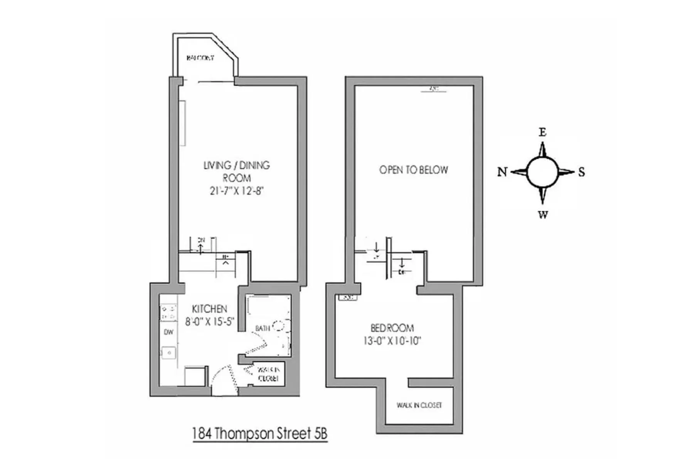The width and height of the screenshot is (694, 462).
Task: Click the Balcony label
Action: (200, 58)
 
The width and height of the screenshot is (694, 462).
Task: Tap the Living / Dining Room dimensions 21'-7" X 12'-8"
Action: (236, 191)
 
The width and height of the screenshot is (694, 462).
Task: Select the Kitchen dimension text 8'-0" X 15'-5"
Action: (209, 321)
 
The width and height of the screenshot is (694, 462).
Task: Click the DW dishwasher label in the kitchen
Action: (168, 332)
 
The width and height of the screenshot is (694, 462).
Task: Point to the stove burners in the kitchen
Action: (168, 312)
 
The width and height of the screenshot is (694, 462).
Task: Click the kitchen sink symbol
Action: (168, 352)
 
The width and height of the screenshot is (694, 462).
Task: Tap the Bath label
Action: (263, 328)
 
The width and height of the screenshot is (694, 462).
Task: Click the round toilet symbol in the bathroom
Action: (279, 326)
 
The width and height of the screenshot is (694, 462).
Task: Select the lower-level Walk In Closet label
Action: (268, 374)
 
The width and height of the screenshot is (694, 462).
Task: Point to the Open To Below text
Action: (413, 170)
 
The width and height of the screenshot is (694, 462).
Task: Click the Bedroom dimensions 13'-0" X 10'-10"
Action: (392, 341)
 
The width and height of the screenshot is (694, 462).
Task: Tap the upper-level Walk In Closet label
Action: (419, 405)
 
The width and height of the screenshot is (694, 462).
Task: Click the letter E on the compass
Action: (542, 132)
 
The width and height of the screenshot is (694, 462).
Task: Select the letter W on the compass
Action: (543, 214)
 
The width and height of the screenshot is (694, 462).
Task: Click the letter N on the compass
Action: (502, 172)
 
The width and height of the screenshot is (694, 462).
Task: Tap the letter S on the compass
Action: (581, 172)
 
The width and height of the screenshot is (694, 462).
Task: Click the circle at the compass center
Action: (542, 172)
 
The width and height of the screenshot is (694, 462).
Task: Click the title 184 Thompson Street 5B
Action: (260, 434)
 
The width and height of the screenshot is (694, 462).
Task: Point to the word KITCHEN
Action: (209, 309)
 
